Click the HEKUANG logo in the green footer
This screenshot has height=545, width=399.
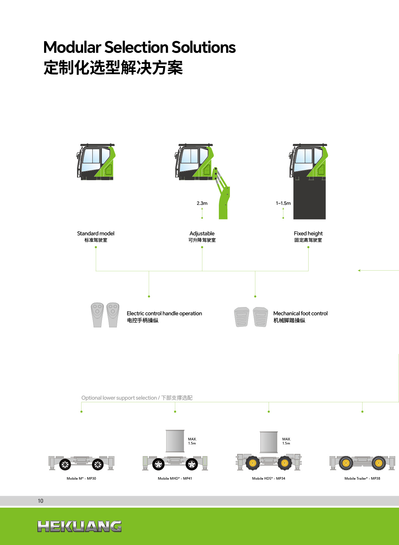[x=79, y=526]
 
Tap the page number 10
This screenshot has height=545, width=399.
[x=41, y=501]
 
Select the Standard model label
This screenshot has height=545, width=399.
[x=96, y=233]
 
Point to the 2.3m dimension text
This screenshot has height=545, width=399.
[x=202, y=203]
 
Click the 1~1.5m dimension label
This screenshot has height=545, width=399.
[x=283, y=203]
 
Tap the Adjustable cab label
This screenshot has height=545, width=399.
[x=202, y=233]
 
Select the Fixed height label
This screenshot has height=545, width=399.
[x=308, y=233]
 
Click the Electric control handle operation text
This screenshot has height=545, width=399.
[x=164, y=313]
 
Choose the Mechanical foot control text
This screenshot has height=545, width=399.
[x=300, y=313]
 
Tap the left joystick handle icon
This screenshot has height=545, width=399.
[x=97, y=315]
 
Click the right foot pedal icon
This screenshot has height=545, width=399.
[x=261, y=317]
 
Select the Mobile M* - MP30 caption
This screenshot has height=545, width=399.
[x=81, y=478]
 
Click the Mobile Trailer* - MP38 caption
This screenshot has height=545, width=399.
[x=362, y=478]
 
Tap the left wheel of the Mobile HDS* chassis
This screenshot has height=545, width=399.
[x=253, y=463]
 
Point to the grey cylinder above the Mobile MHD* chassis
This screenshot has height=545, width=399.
[x=175, y=441]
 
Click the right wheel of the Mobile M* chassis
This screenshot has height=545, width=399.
[x=98, y=465]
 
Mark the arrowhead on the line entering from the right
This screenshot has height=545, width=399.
[x=359, y=271]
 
